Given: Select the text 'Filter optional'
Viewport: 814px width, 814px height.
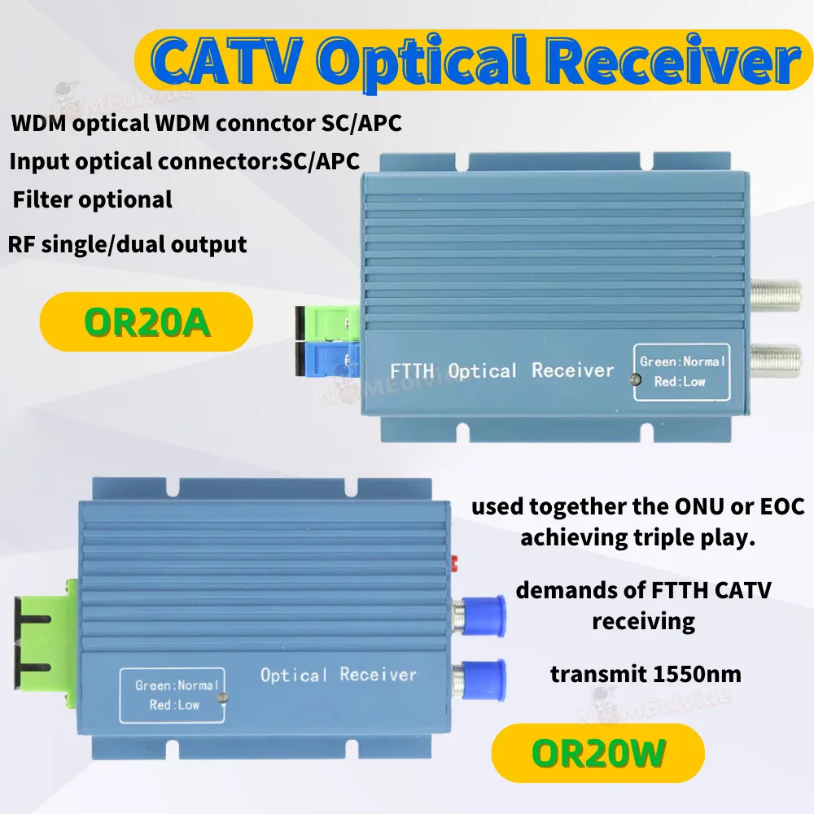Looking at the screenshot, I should point(92,199).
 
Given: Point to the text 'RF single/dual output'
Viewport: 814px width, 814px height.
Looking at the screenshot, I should point(127,243).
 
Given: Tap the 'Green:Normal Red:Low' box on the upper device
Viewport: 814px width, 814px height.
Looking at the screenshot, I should point(681,371).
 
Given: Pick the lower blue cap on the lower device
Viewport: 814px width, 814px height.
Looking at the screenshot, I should point(486,676).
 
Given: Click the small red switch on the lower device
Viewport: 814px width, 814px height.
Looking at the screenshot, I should point(453,562).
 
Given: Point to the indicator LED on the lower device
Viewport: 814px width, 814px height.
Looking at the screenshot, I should point(221,697).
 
